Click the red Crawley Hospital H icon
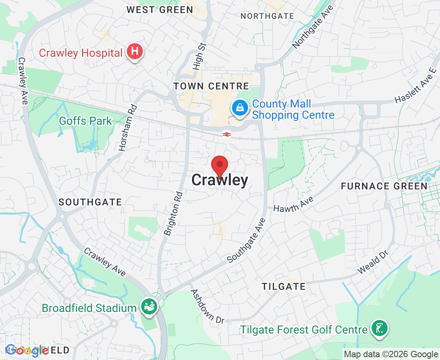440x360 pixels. (135, 52)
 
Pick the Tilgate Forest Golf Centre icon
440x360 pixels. (379, 329)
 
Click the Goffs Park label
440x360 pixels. (85, 120)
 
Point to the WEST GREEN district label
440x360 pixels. (160, 10)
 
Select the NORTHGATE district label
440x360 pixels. (268, 16)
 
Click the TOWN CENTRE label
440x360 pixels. (211, 86)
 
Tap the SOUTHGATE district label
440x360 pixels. (90, 202)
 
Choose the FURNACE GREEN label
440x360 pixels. (384, 186)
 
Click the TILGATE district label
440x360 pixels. (283, 286)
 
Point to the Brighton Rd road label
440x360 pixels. (174, 213)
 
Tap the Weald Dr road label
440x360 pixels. (373, 263)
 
